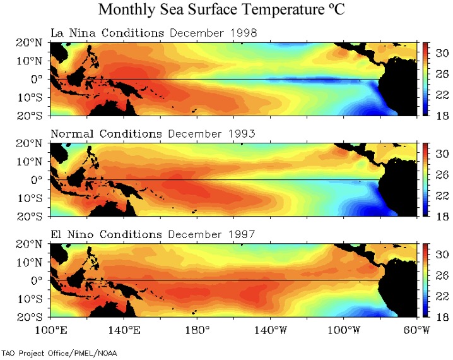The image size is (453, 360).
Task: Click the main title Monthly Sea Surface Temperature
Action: (226, 10)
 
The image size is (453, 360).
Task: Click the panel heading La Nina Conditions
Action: (107, 33)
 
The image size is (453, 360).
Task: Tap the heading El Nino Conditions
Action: (107, 234)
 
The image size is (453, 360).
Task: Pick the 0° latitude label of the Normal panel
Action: (37, 179)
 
